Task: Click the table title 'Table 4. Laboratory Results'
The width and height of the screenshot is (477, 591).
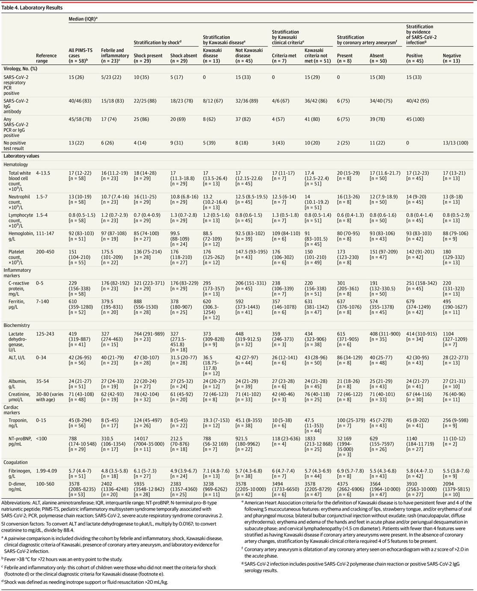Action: click(32, 8)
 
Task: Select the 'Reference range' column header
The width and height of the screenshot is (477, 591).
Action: click(46, 58)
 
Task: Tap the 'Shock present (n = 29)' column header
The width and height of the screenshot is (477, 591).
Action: click(148, 58)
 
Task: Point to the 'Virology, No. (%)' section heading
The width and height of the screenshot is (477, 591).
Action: click(21, 69)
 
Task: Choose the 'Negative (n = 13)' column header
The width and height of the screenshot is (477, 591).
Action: click(452, 58)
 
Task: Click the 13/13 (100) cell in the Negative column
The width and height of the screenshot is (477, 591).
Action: click(455, 143)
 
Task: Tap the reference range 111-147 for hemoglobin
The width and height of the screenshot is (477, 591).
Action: click(45, 233)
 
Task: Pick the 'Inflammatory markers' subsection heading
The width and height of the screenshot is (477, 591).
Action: click(17, 273)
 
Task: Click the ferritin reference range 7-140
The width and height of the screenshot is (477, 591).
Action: click(42, 302)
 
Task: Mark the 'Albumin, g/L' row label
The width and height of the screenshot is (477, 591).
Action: click(18, 384)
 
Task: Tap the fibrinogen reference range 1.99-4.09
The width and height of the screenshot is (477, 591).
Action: click(47, 471)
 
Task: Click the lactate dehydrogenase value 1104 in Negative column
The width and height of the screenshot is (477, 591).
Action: click(448, 334)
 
